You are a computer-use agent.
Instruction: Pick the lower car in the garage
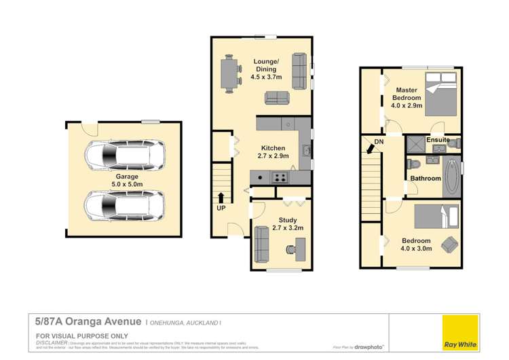pos(124,204)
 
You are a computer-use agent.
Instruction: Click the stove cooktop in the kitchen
pos(279,178)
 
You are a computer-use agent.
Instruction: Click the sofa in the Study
pos(261,245)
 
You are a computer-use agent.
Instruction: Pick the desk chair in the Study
pos(290,249)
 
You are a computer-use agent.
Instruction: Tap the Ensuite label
pos(438,140)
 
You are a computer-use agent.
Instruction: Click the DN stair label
pos(378,143)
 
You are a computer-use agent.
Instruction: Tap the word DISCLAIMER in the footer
pos(52,343)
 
